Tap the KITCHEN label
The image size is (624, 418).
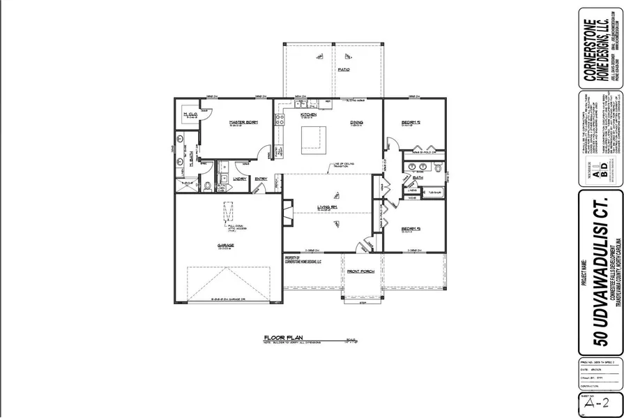309,114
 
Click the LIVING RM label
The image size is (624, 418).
328,207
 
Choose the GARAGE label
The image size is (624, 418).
225,246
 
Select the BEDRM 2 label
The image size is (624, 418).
411,122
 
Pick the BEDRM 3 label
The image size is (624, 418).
410,227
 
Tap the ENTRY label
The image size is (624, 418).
261,179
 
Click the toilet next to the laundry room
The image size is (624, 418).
207,186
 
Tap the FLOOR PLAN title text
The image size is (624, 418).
279,336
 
